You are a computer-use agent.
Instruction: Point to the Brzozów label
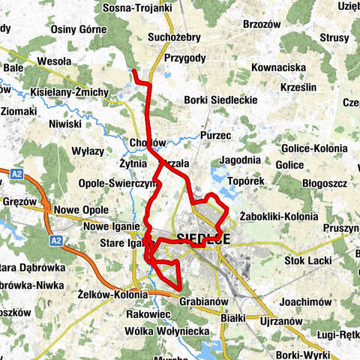click(x=262, y=24)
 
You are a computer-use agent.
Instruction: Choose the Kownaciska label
click(x=278, y=67)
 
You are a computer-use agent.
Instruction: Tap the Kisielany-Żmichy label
click(x=70, y=92)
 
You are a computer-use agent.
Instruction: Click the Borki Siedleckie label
click(x=220, y=99)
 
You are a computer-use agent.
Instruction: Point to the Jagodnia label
click(x=241, y=160)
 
